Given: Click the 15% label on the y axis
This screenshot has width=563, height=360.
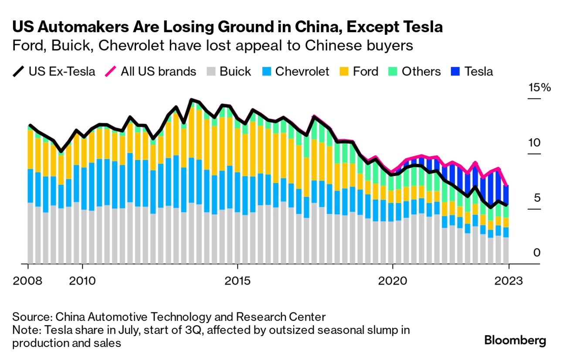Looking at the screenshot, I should tap(539, 88).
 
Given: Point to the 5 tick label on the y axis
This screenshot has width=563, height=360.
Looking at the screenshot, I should tap(537, 198).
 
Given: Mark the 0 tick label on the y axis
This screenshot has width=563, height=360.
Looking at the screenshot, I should tap(537, 253).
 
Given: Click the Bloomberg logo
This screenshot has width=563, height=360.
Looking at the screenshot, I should tap(515, 340).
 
